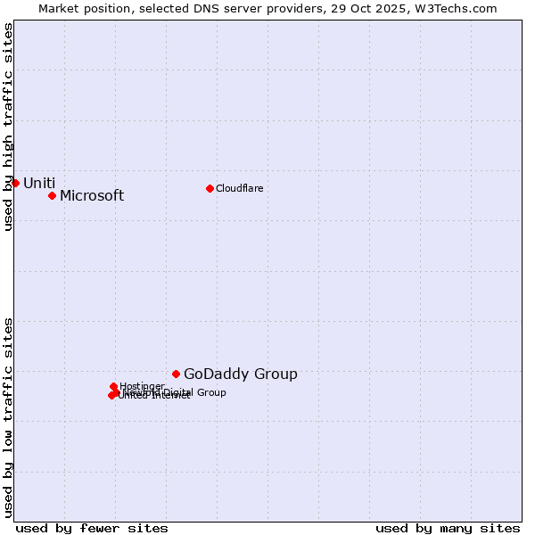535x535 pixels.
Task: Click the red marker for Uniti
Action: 15,183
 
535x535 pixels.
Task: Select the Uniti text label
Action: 39,183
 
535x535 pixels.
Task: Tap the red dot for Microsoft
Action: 52,195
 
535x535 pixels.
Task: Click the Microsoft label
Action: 92,195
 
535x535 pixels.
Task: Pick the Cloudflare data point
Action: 210,188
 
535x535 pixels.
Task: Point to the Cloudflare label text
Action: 239,188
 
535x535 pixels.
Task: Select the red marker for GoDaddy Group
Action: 176,374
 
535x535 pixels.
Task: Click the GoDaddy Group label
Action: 241,374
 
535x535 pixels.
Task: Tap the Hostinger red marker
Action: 113,386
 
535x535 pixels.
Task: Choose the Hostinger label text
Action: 142,386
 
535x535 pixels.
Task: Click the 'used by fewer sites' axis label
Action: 92,528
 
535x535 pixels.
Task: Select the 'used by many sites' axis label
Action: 448,528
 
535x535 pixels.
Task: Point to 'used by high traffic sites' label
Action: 8,127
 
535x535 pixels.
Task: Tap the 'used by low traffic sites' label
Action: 8,417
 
